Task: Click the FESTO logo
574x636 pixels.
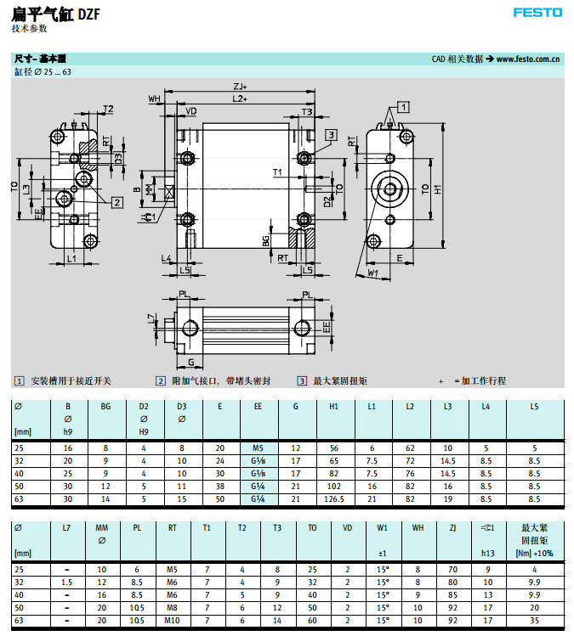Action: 537,13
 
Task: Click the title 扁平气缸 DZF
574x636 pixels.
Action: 49,13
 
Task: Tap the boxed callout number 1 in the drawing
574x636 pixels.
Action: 403,106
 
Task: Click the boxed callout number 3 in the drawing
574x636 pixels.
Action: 330,135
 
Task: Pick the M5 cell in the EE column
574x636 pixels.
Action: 258,447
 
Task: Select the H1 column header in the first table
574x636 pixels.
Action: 333,407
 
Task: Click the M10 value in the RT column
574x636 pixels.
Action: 172,620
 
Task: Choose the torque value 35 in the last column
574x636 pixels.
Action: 534,620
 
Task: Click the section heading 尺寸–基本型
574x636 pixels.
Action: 40,59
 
